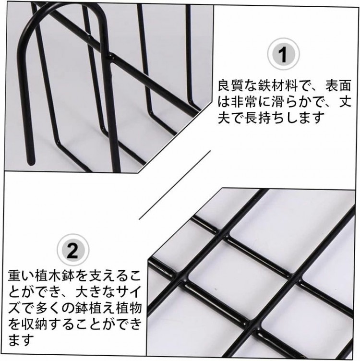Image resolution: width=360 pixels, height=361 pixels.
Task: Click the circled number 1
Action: point(283,54)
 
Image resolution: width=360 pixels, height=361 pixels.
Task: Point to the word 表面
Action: point(338,85)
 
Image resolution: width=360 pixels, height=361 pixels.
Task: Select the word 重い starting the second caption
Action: point(22,276)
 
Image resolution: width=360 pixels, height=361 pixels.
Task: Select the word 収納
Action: point(35,324)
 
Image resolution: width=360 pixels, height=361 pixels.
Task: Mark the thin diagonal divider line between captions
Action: point(175,185)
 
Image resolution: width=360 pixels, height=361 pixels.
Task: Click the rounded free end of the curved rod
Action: point(31,163)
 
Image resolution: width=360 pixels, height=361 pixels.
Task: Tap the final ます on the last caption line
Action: point(22,339)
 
